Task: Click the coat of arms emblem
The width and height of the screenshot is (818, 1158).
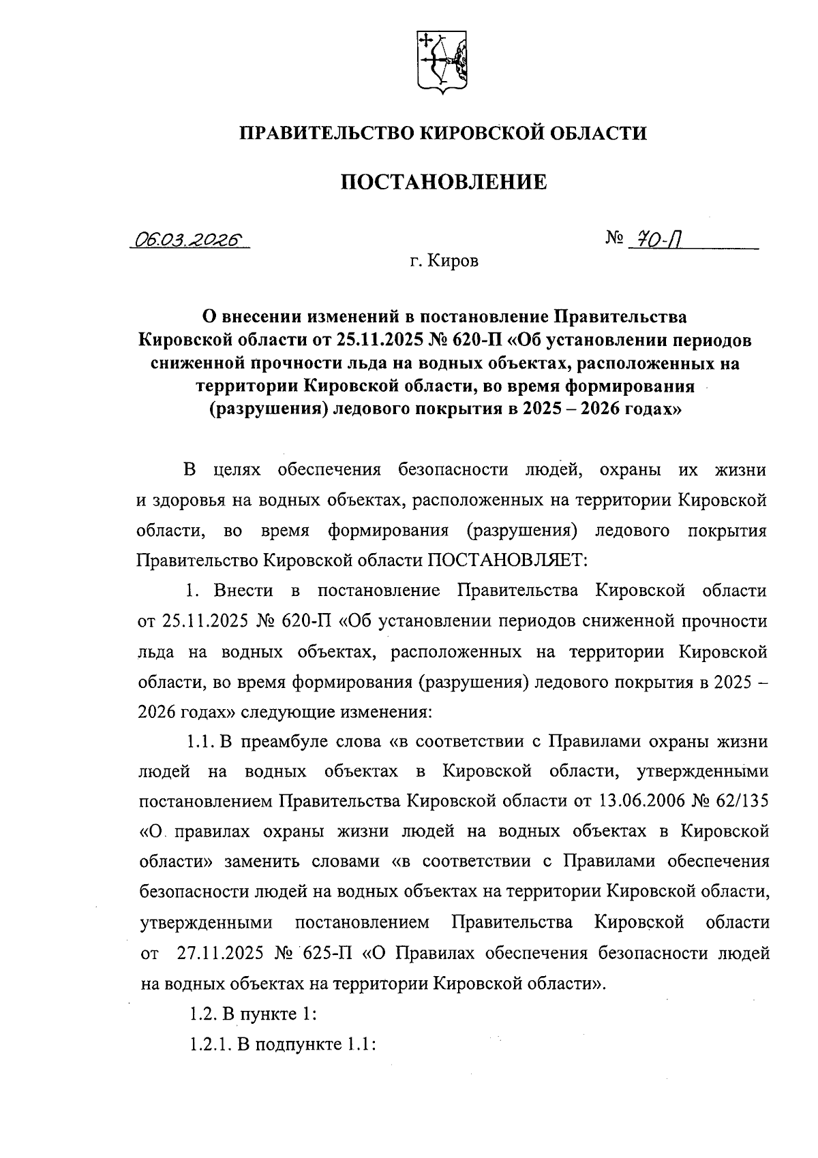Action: (x=442, y=61)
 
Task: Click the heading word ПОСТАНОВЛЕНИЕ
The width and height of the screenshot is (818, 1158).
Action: (x=443, y=182)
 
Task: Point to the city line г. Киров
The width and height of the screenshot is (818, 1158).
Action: (x=444, y=262)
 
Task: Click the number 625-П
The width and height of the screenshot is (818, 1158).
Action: (x=325, y=953)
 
